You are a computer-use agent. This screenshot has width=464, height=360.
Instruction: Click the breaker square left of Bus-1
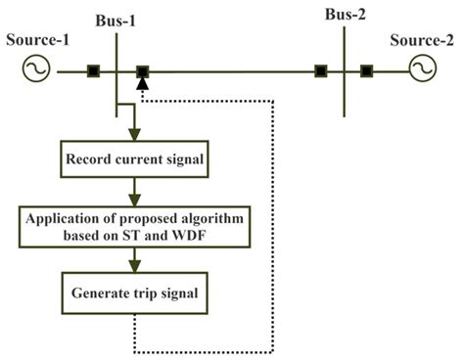click(x=93, y=70)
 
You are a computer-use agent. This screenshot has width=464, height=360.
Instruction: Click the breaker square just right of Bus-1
click(x=143, y=70)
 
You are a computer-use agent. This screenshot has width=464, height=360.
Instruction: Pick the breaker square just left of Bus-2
click(x=320, y=70)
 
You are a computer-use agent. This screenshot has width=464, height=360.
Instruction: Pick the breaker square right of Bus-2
click(x=366, y=70)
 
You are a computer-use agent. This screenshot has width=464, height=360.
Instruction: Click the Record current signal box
click(x=133, y=157)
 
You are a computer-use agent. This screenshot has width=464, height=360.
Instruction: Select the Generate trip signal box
click(x=133, y=291)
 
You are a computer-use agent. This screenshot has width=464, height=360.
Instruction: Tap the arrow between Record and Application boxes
click(x=133, y=191)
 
